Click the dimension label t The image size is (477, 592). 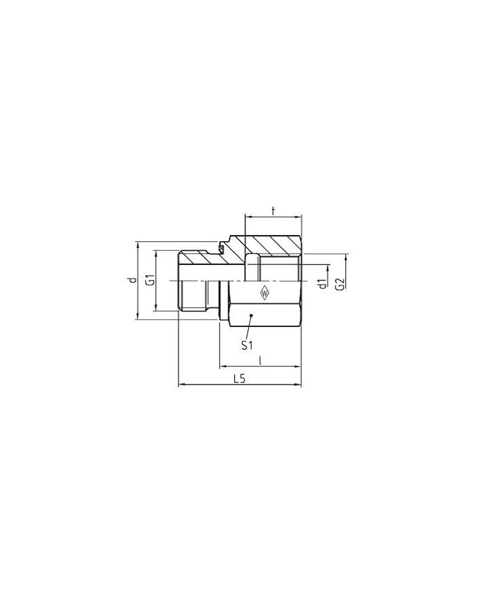click(x=273, y=211)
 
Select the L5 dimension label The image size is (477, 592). click(x=239, y=379)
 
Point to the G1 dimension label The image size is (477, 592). click(x=151, y=281)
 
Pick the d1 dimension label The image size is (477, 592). click(x=322, y=283)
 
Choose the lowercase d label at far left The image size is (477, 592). click(x=132, y=280)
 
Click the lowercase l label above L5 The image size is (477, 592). click(x=260, y=360)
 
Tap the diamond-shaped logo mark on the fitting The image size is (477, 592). click(x=264, y=293)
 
